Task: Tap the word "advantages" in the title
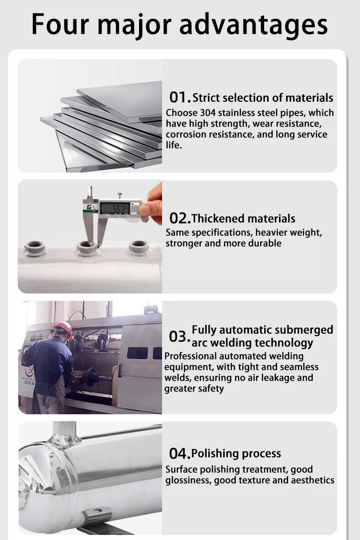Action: pyautogui.click(x=253, y=25)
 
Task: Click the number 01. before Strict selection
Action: pyautogui.click(x=180, y=97)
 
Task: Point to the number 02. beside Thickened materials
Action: pyautogui.click(x=180, y=218)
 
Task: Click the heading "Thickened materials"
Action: pyautogui.click(x=243, y=218)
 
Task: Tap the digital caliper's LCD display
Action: pyautogui.click(x=115, y=208)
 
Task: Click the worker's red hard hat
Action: pyautogui.click(x=63, y=329)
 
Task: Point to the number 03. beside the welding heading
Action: pyautogui.click(x=180, y=336)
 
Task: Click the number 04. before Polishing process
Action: pyautogui.click(x=180, y=453)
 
